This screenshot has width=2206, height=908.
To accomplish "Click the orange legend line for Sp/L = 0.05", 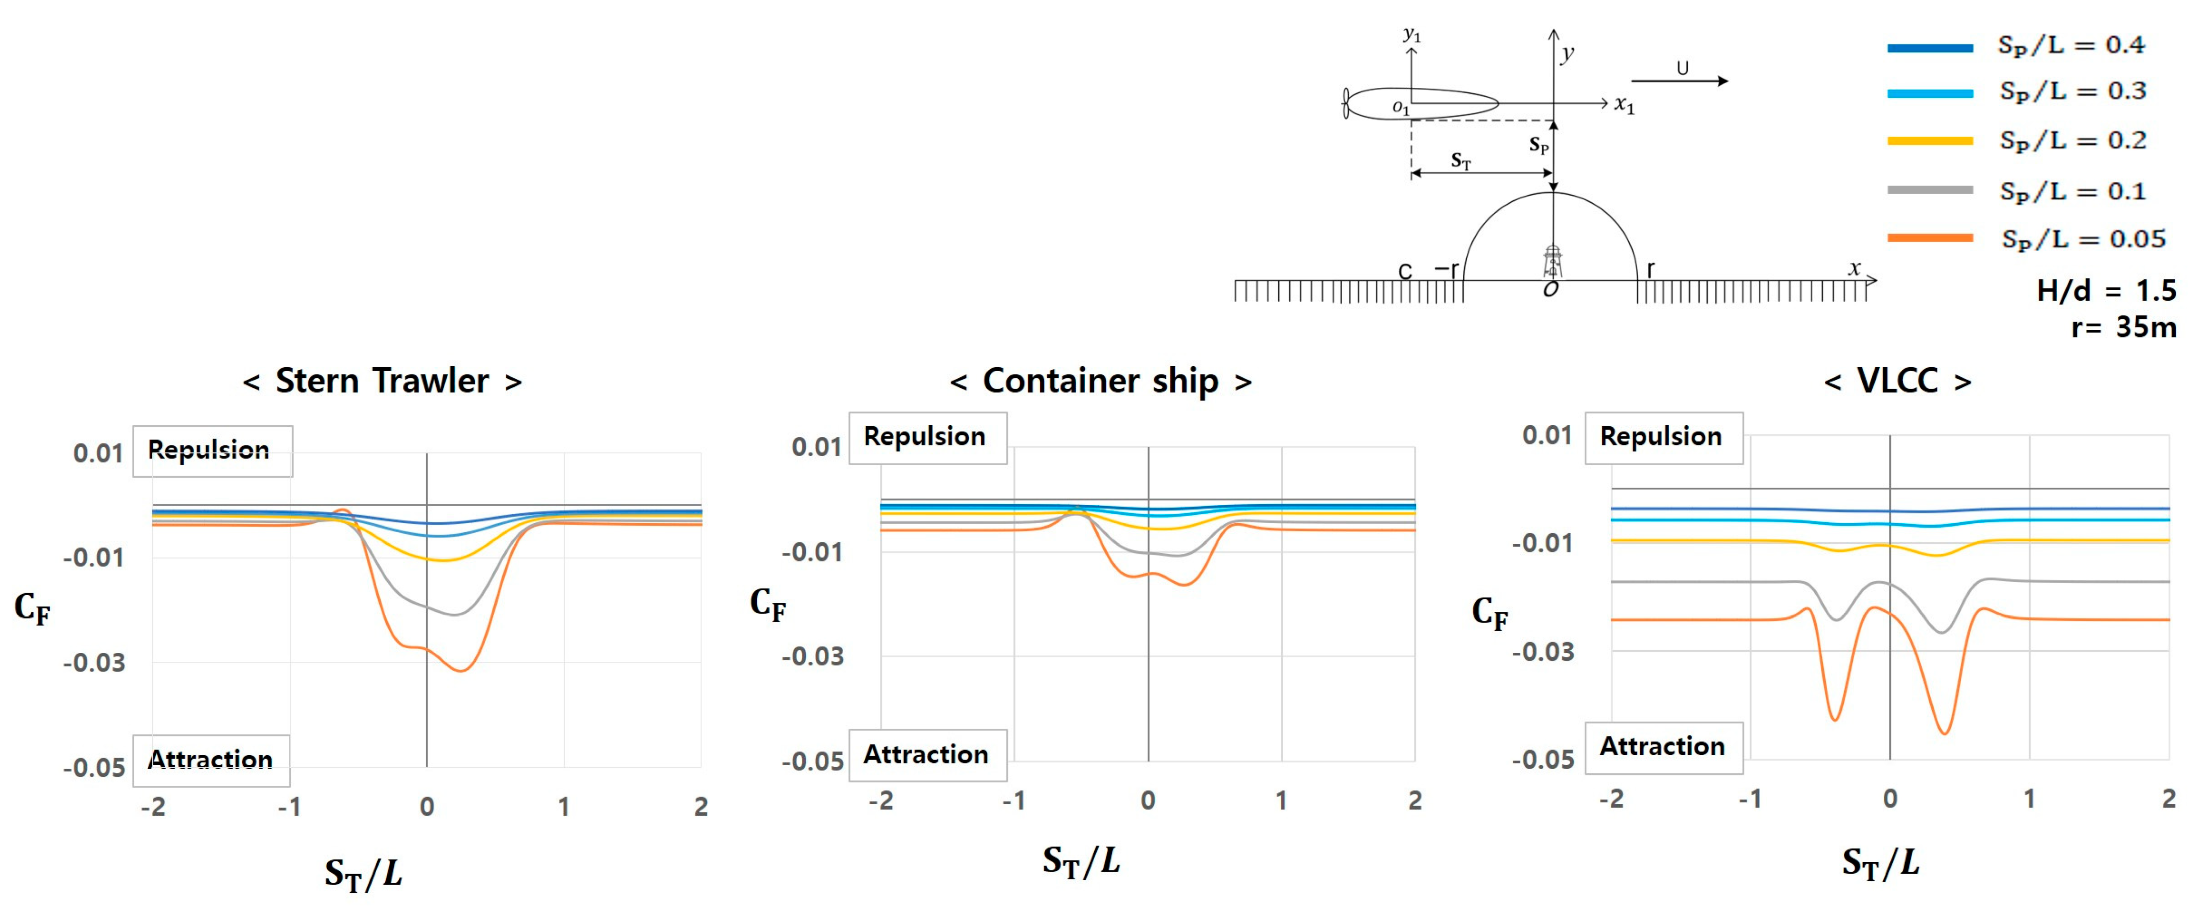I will pos(1930,238).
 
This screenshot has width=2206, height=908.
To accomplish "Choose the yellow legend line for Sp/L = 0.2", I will pos(1930,140).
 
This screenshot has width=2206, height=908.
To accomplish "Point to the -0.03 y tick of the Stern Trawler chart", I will pos(94,663).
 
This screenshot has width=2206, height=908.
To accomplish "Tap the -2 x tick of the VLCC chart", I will pos(1612,799).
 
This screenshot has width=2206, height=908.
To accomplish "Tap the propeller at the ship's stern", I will pos(1346,103).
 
